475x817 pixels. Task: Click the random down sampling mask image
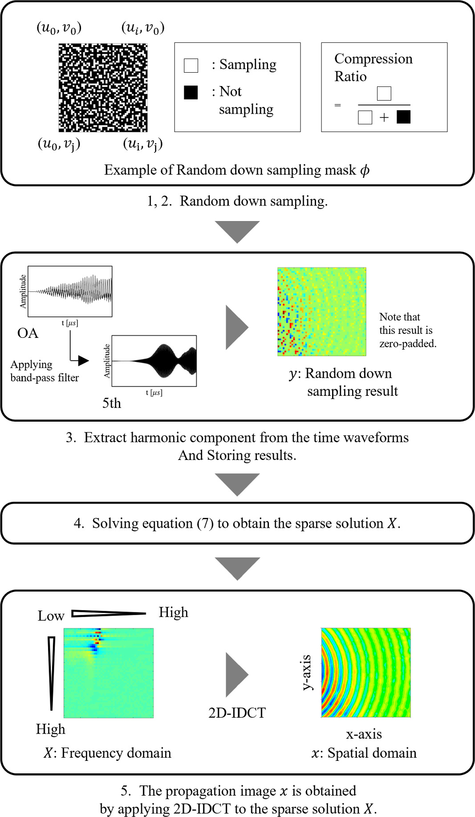pyautogui.click(x=103, y=87)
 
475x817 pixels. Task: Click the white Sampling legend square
pyautogui.click(x=191, y=65)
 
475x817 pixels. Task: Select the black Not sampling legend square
pyautogui.click(x=191, y=92)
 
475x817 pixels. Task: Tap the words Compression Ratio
pyautogui.click(x=373, y=67)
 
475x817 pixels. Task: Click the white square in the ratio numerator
pyautogui.click(x=384, y=94)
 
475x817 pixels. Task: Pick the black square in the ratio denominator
pyautogui.click(x=403, y=117)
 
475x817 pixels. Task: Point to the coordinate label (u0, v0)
pyautogui.click(x=59, y=28)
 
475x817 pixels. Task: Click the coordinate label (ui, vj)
pyautogui.click(x=142, y=144)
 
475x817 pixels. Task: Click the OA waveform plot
pyautogui.click(x=70, y=291)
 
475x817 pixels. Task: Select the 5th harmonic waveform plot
pyautogui.click(x=154, y=361)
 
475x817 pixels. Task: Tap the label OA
pyautogui.click(x=28, y=333)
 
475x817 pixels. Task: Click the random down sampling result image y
pyautogui.click(x=321, y=312)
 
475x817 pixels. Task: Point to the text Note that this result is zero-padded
pyautogui.click(x=407, y=330)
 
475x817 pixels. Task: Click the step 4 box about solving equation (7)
pyautogui.click(x=237, y=523)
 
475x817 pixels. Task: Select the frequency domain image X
pyautogui.click(x=109, y=673)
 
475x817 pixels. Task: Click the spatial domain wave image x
pyautogui.click(x=365, y=673)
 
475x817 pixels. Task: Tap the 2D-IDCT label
pyautogui.click(x=237, y=713)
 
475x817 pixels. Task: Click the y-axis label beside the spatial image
pyautogui.click(x=306, y=672)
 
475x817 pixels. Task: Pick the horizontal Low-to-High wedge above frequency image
pyautogui.click(x=108, y=614)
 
